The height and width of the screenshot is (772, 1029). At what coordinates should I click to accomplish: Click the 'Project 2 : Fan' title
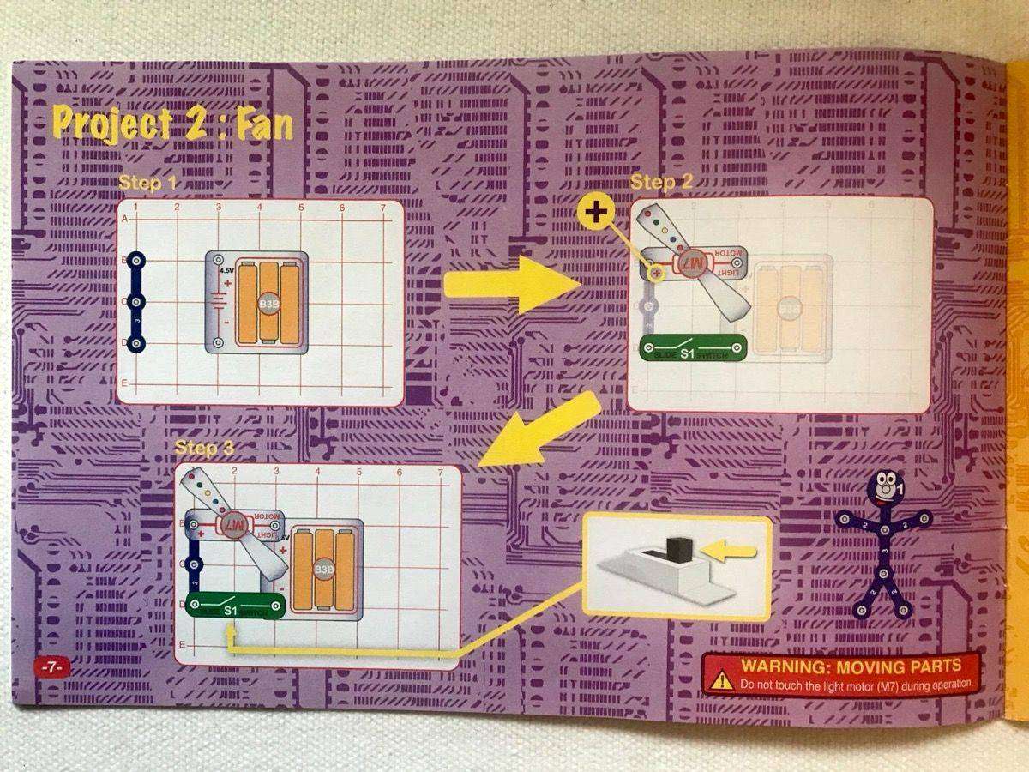point(172,124)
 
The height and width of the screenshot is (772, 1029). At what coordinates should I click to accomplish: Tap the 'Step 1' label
point(147,183)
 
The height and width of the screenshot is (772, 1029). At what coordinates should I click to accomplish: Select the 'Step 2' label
point(660,182)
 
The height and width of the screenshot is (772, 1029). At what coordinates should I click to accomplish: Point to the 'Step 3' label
point(203,448)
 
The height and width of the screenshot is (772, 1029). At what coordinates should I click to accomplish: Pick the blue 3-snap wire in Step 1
point(135,302)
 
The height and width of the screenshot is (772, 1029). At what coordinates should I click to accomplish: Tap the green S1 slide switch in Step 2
point(693,348)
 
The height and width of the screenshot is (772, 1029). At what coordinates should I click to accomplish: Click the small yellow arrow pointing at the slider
point(732,552)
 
